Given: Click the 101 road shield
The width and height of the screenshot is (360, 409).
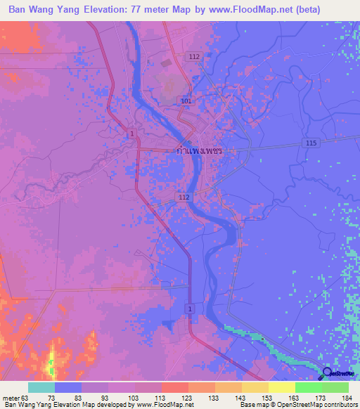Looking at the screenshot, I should (185, 100).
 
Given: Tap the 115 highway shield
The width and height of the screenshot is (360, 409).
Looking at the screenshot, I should (312, 143).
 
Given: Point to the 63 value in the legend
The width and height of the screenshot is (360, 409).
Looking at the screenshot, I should (25, 398).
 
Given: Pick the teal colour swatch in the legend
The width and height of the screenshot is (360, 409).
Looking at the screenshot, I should (41, 387).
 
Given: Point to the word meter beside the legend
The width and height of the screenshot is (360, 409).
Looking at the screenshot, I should (10, 398).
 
